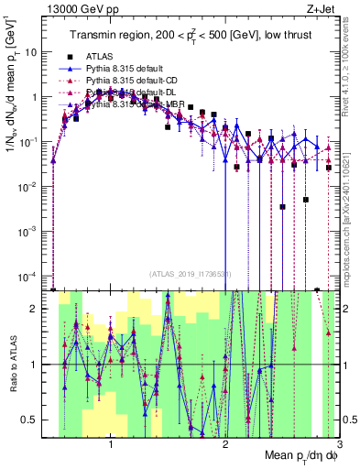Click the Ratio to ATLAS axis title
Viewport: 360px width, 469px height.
(12, 365)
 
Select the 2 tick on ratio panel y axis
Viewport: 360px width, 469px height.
(39, 309)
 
